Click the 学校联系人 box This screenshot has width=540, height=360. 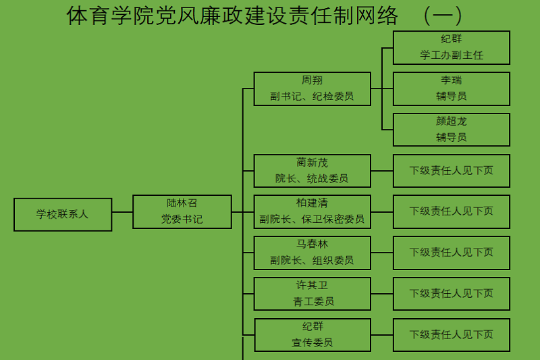(x=63, y=214)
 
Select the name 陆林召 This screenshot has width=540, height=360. (x=182, y=203)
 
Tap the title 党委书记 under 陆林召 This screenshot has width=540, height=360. (x=182, y=220)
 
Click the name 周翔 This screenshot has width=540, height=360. (x=312, y=80)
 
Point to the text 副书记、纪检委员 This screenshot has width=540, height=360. (x=312, y=97)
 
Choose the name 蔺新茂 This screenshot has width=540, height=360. (x=312, y=162)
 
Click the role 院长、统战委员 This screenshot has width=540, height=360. (x=312, y=179)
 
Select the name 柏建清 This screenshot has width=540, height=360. (x=312, y=203)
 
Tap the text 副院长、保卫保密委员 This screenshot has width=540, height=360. (x=312, y=220)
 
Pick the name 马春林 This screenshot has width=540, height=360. (x=312, y=244)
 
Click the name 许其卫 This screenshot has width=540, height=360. (x=312, y=285)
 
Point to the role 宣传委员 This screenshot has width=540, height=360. (x=312, y=342)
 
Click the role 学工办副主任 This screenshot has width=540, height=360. (x=451, y=55)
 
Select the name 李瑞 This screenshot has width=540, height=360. (x=451, y=80)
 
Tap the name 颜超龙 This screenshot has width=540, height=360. (x=451, y=122)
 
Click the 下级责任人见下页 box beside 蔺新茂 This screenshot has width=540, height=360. (x=451, y=171)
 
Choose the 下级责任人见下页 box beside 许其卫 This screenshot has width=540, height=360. (x=451, y=294)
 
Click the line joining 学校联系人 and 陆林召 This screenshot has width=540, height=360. (x=122, y=212)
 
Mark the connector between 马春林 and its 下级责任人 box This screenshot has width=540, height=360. (x=382, y=253)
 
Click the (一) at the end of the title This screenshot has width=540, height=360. (x=443, y=15)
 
